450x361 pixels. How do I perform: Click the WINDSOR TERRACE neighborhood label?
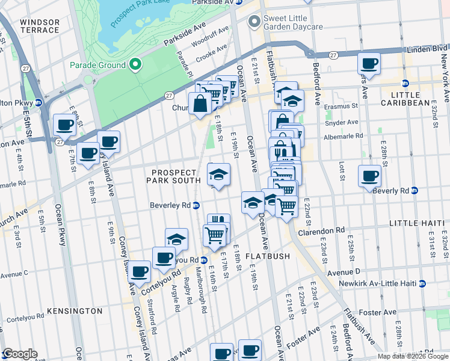40,26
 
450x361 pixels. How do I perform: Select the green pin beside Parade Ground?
136,64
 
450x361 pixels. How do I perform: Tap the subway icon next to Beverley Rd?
196,206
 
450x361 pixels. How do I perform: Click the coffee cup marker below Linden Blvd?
369,63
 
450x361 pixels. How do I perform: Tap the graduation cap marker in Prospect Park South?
218,175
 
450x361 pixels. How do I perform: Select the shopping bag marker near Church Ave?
199,103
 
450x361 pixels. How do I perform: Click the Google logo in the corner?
19,354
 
